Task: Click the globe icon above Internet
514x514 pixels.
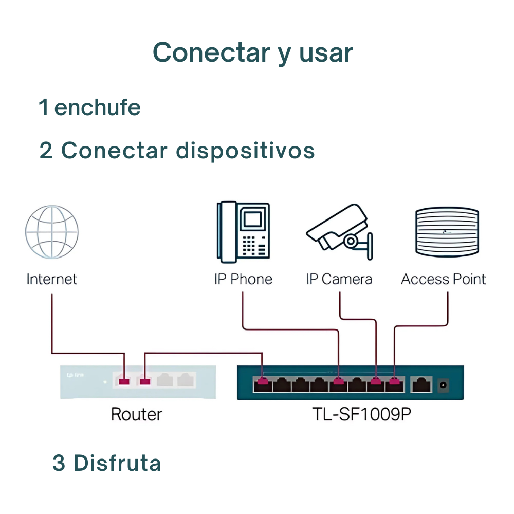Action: pyautogui.click(x=52, y=232)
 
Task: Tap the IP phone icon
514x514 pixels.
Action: pyautogui.click(x=243, y=232)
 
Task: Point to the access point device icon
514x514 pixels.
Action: pyautogui.click(x=447, y=232)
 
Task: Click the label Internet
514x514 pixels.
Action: pyautogui.click(x=51, y=279)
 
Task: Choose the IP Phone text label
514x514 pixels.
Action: pyautogui.click(x=243, y=279)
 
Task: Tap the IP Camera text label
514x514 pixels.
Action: pyautogui.click(x=339, y=279)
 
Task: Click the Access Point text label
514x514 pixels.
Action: pyautogui.click(x=443, y=279)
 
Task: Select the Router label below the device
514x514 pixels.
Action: pyautogui.click(x=136, y=414)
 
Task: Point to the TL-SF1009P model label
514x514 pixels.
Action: pyautogui.click(x=362, y=414)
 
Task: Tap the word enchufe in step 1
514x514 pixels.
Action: pyautogui.click(x=97, y=107)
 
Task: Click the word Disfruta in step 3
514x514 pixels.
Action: pyautogui.click(x=117, y=463)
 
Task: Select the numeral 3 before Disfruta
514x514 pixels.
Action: pyautogui.click(x=59, y=463)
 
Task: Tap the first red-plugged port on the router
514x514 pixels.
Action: pyautogui.click(x=124, y=381)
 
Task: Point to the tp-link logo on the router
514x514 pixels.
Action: pyautogui.click(x=75, y=375)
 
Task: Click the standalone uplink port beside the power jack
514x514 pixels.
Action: pyautogui.click(x=421, y=383)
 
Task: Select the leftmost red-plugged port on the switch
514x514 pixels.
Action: pyautogui.click(x=263, y=382)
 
